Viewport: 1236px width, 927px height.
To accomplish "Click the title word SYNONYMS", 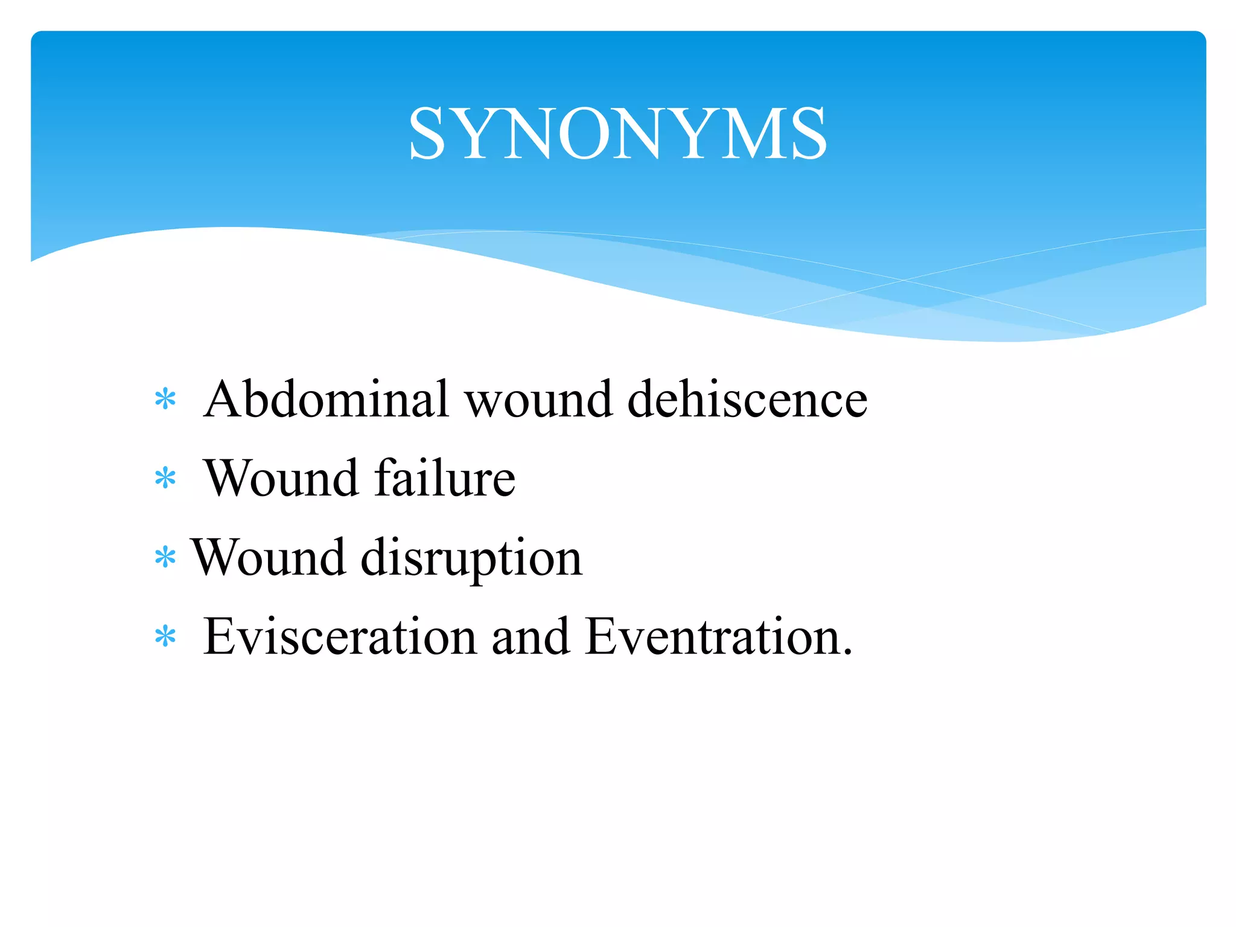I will pos(617,133).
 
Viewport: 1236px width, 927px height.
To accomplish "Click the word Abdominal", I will pos(327,399).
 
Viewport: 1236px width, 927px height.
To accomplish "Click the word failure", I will pos(445,478).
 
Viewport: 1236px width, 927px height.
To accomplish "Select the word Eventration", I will pos(712,636).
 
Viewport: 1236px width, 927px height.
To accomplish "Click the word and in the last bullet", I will pos(530,636).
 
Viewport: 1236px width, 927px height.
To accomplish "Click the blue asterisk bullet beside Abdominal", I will pos(165,400).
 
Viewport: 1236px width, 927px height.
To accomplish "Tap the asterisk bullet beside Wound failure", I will pos(165,479).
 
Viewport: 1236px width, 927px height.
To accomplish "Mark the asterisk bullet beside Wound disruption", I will pos(165,558).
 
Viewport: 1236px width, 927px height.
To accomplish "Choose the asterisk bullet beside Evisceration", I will pos(165,637).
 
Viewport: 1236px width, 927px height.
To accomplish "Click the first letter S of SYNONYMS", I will pos(427,133).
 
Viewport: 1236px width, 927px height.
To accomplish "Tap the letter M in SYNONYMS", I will pos(755,133).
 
